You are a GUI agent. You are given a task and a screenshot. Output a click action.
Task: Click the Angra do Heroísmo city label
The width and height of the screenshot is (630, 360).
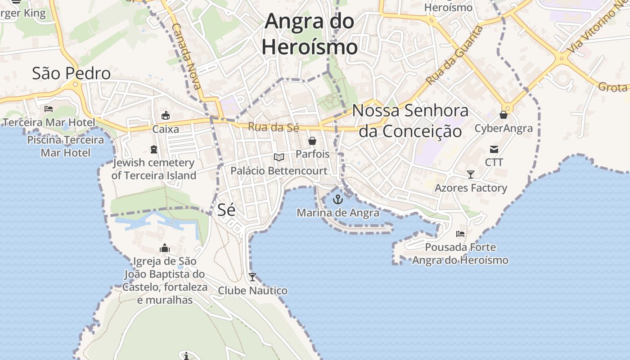[x=310, y=34]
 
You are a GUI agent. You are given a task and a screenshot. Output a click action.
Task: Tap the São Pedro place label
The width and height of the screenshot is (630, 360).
[x=71, y=73]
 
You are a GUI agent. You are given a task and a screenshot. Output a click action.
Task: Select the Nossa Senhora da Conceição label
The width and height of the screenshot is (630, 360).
[x=410, y=121]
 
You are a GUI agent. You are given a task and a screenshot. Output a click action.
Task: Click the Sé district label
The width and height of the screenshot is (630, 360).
[x=226, y=210]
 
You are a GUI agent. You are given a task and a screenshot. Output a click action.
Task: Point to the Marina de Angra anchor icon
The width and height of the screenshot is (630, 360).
[x=337, y=199]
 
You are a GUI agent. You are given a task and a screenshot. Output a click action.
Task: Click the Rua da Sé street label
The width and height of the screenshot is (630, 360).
[x=274, y=127]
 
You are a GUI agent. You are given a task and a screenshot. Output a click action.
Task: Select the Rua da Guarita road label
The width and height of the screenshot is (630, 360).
[x=454, y=55]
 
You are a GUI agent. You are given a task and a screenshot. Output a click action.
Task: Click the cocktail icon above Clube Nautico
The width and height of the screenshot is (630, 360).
[x=252, y=277]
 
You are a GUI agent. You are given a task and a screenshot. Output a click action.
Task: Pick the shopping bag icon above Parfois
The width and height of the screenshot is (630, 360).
[x=312, y=141]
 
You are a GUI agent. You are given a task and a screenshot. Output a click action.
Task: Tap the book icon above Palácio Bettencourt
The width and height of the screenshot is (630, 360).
[x=279, y=157]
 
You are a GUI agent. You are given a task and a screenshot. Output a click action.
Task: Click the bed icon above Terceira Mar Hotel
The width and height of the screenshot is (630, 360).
[x=49, y=109]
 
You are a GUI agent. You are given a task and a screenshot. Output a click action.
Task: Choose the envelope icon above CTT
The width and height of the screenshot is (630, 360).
[x=494, y=149]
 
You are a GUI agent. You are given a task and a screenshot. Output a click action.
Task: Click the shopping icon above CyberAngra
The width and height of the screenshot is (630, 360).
[x=504, y=115]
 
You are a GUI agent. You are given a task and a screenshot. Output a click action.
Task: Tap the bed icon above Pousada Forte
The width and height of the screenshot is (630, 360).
[x=460, y=234]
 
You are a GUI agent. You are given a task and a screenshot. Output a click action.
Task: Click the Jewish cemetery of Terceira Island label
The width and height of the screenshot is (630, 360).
[x=154, y=169]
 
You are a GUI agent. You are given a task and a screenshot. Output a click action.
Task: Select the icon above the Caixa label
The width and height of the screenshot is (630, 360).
[x=166, y=116]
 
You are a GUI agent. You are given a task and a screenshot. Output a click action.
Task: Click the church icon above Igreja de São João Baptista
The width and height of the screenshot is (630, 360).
[x=165, y=248]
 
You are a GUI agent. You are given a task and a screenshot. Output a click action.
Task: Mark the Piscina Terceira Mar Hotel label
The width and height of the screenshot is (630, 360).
[x=66, y=146]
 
